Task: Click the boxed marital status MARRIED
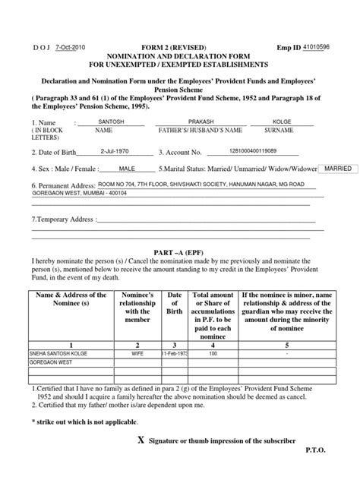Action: [x=335, y=168]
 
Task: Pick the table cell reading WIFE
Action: [x=139, y=353]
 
